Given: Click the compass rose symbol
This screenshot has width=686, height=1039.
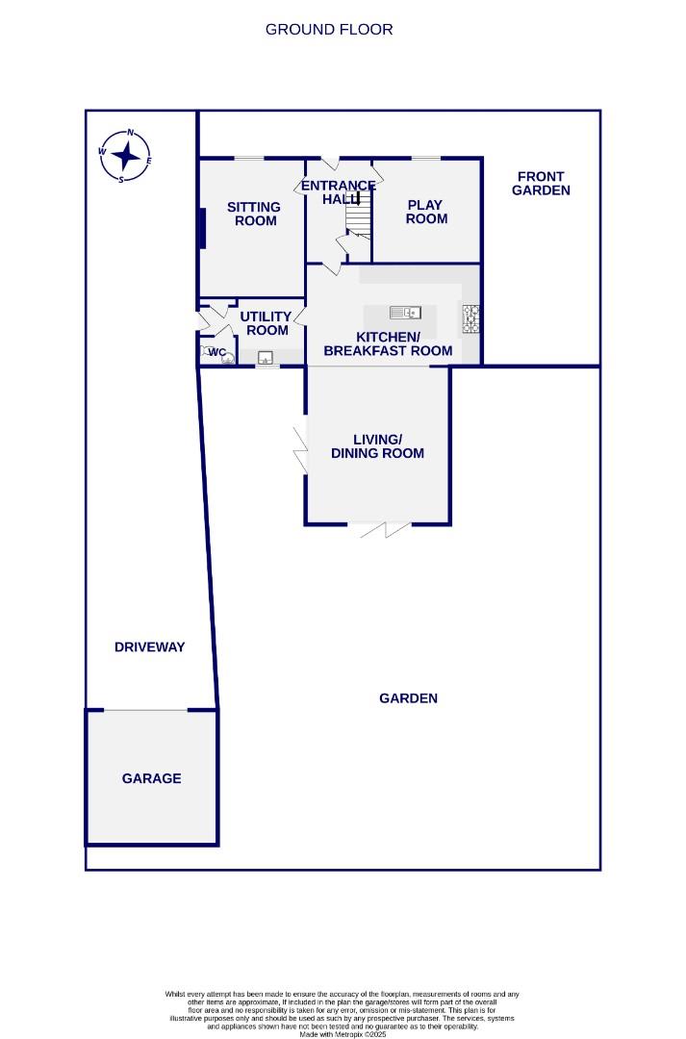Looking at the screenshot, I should point(125,155).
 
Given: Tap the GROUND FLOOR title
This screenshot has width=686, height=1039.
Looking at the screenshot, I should point(329,29).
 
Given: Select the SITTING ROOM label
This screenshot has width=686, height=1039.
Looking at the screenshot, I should point(253,214).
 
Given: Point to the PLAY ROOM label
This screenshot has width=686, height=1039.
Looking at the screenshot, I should point(426,212).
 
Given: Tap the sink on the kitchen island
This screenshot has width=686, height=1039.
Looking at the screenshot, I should point(405,312).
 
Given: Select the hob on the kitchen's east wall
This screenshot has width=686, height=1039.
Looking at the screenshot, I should point(471,318).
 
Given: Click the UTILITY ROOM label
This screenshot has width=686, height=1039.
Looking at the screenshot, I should point(266,323).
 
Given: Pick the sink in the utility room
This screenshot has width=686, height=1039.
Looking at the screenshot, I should point(266,357).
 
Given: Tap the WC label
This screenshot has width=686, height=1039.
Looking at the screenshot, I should point(216,353).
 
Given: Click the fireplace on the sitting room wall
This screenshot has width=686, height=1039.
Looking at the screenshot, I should point(202,229).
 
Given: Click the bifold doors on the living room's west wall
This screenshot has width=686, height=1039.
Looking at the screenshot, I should point(302,449).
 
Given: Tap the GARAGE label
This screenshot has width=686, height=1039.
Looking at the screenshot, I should point(151,778).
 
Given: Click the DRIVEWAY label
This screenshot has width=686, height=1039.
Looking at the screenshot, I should point(149,647).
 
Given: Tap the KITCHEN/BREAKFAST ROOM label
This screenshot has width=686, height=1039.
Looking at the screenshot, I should point(388,343).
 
